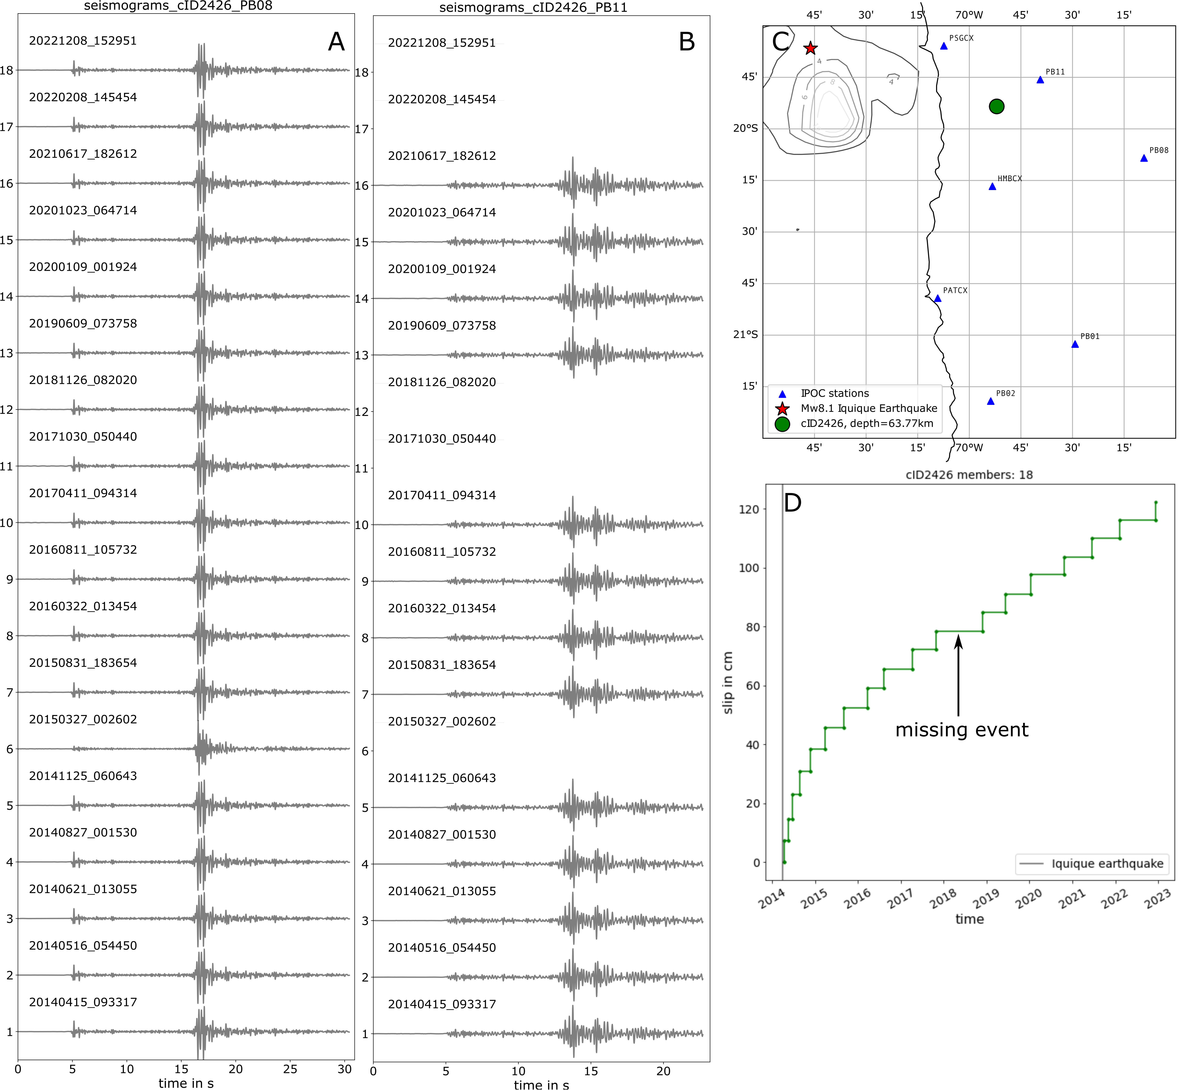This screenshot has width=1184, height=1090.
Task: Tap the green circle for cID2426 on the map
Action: (996, 106)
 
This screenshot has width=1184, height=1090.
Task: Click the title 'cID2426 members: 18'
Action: (969, 475)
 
